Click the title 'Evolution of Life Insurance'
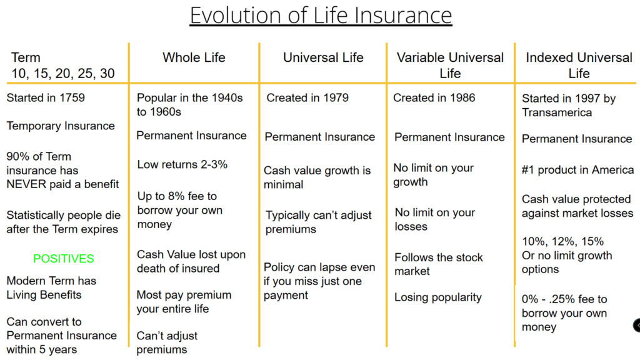coord(321,16)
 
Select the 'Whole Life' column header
coord(194,57)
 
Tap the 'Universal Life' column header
coord(323,57)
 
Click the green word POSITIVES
coord(64,258)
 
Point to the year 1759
coord(72,98)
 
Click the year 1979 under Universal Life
coord(336,98)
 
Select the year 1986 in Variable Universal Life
coord(462,98)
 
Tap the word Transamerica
coord(557,112)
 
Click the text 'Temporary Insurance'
coord(61,126)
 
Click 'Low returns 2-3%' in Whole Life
coord(182,164)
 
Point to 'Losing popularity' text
coord(438,297)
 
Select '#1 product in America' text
coord(578,170)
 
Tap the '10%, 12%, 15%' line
coord(563,242)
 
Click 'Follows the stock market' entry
coord(438,264)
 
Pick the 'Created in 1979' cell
coord(307,98)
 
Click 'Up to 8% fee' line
coord(177,196)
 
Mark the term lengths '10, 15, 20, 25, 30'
coord(63,74)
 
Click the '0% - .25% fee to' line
coord(564,299)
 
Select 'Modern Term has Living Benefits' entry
coord(51,287)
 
